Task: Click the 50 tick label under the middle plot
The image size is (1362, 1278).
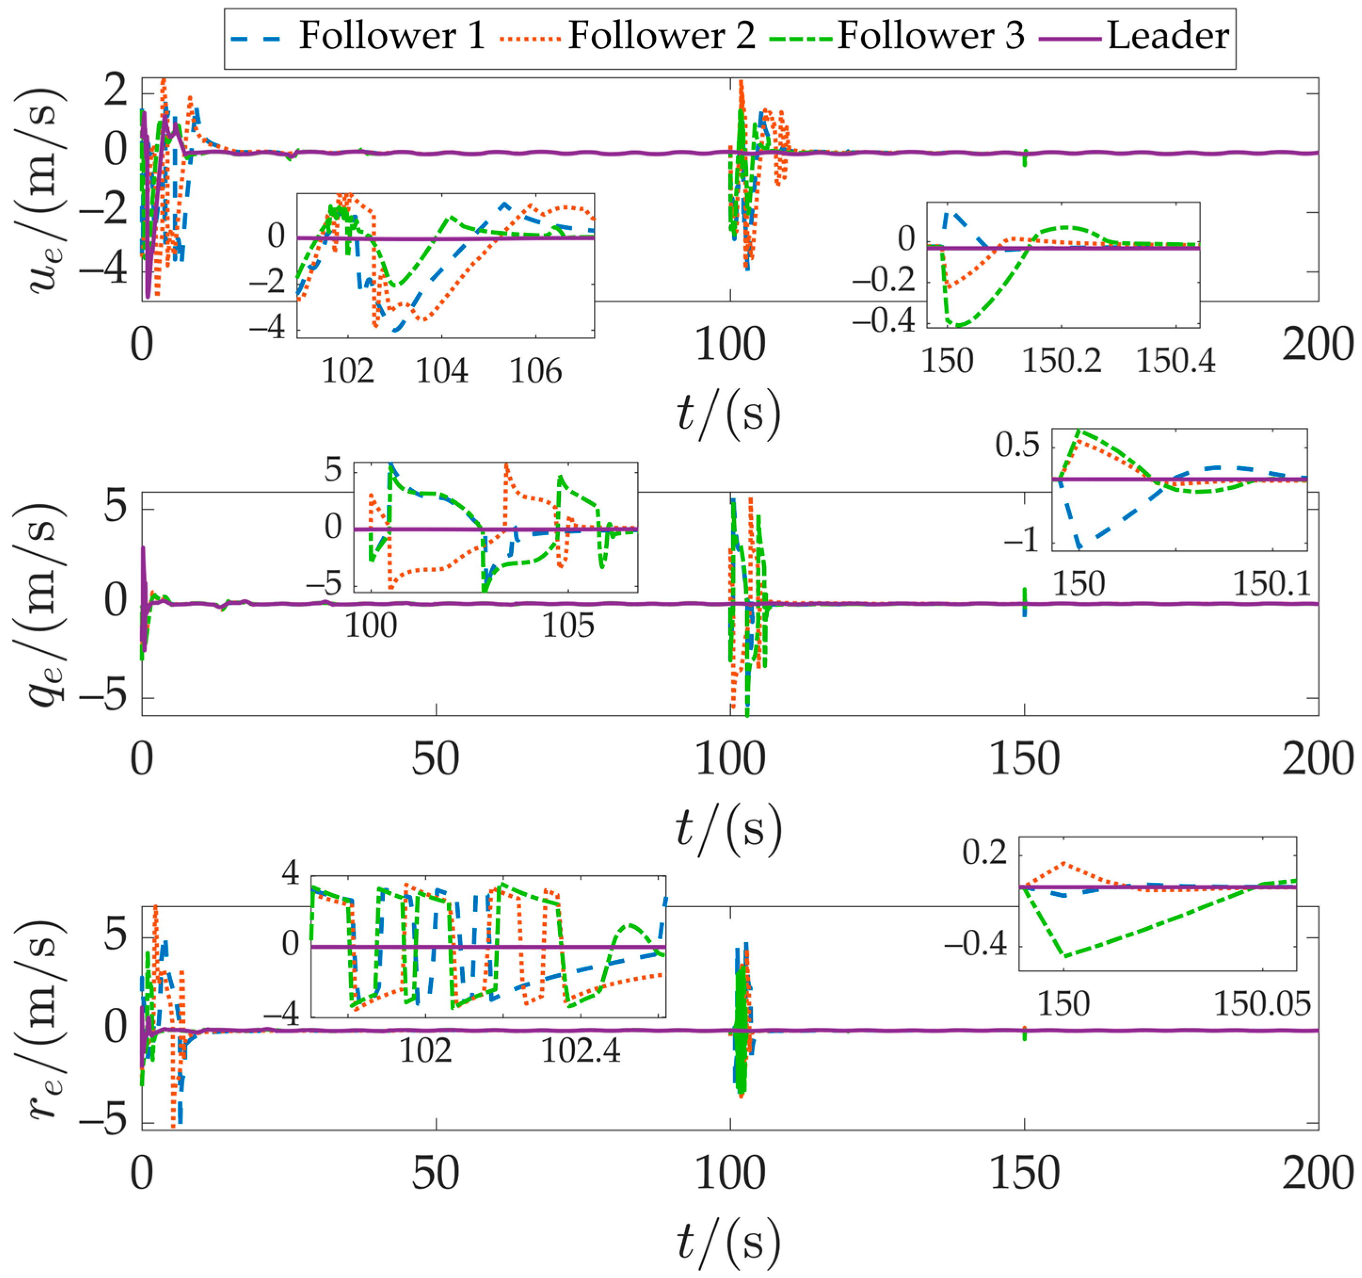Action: coord(436,760)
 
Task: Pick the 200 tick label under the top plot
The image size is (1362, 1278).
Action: coord(1317,345)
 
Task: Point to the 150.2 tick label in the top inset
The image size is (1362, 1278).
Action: coord(1061,361)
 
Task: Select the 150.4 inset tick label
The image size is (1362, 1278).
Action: coord(1176,361)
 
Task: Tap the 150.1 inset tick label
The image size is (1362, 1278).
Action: coord(1272,584)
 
